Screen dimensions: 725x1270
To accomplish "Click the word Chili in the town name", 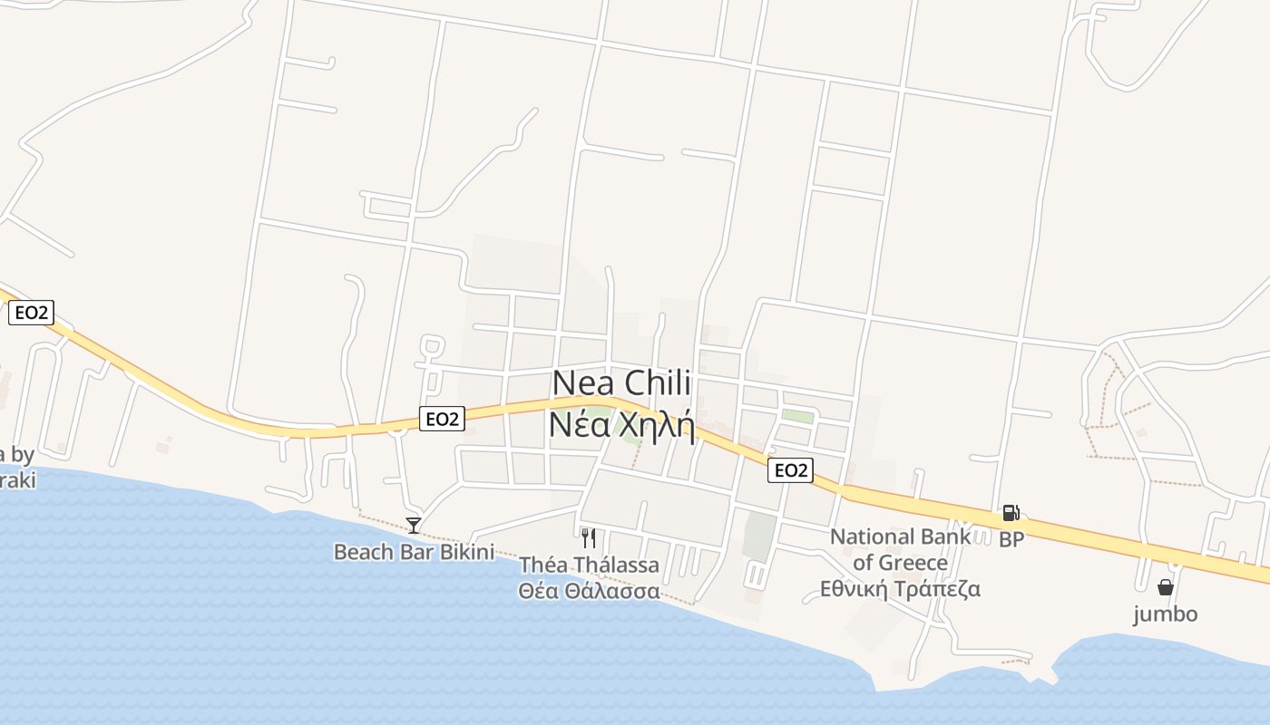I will (x=659, y=383).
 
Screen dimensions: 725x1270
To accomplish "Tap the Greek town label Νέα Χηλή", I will (x=622, y=424).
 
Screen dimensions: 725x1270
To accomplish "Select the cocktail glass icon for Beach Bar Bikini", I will (x=414, y=525).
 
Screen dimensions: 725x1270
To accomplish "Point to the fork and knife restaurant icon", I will (x=589, y=538).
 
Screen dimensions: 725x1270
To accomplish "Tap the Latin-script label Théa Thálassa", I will (x=589, y=565).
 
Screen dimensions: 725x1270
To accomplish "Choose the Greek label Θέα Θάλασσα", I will (x=589, y=591).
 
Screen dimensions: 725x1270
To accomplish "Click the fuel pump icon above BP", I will (x=1011, y=514).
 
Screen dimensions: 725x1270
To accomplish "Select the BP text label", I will (x=1011, y=540).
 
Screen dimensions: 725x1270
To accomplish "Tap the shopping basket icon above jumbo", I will (x=1166, y=587).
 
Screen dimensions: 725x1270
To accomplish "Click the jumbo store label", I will (x=1166, y=614).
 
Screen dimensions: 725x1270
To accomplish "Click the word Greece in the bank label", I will (x=913, y=563).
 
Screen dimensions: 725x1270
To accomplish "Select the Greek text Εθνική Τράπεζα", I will (x=900, y=589).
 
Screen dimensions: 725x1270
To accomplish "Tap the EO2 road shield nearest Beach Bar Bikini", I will (x=442, y=418).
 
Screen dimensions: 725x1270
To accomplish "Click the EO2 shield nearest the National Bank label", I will (x=790, y=470).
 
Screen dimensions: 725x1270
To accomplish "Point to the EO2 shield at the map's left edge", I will (x=32, y=313).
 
